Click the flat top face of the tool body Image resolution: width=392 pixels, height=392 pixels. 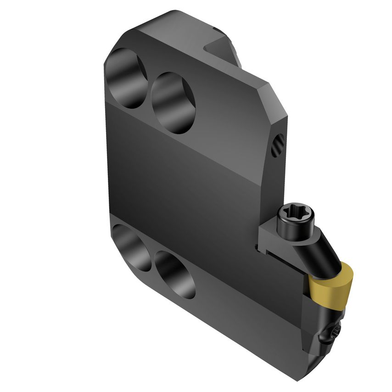[x=184, y=32]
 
